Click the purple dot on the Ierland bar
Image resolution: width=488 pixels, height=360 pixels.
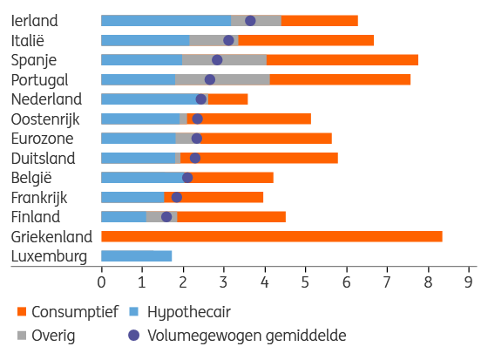[250, 21]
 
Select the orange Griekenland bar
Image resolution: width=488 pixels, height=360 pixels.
[272, 237]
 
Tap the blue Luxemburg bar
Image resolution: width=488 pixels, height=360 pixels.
[136, 256]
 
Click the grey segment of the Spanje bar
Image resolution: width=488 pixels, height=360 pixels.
[225, 60]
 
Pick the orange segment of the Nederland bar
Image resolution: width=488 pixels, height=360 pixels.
[227, 99]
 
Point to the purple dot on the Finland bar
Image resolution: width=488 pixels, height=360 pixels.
[166, 217]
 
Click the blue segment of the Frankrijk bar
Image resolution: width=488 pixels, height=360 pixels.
[132, 198]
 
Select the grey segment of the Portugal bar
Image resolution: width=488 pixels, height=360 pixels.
[222, 79]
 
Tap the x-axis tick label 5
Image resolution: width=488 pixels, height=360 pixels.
[305, 282]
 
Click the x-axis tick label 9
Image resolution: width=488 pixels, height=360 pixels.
[469, 282]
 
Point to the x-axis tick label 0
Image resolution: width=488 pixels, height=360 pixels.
[101, 282]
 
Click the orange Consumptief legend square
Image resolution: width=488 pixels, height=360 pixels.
[22, 311]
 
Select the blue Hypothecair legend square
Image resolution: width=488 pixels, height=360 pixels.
[133, 311]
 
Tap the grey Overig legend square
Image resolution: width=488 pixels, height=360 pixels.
[22, 336]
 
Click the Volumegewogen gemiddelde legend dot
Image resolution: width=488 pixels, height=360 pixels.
[134, 336]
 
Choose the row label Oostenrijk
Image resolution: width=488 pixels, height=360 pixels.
[45, 119]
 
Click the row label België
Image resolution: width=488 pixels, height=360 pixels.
[31, 178]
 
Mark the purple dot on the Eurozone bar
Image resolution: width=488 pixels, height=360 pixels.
[197, 139]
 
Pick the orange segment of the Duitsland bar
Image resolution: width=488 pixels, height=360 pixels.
[259, 158]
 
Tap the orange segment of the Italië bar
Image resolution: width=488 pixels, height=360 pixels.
[306, 40]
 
